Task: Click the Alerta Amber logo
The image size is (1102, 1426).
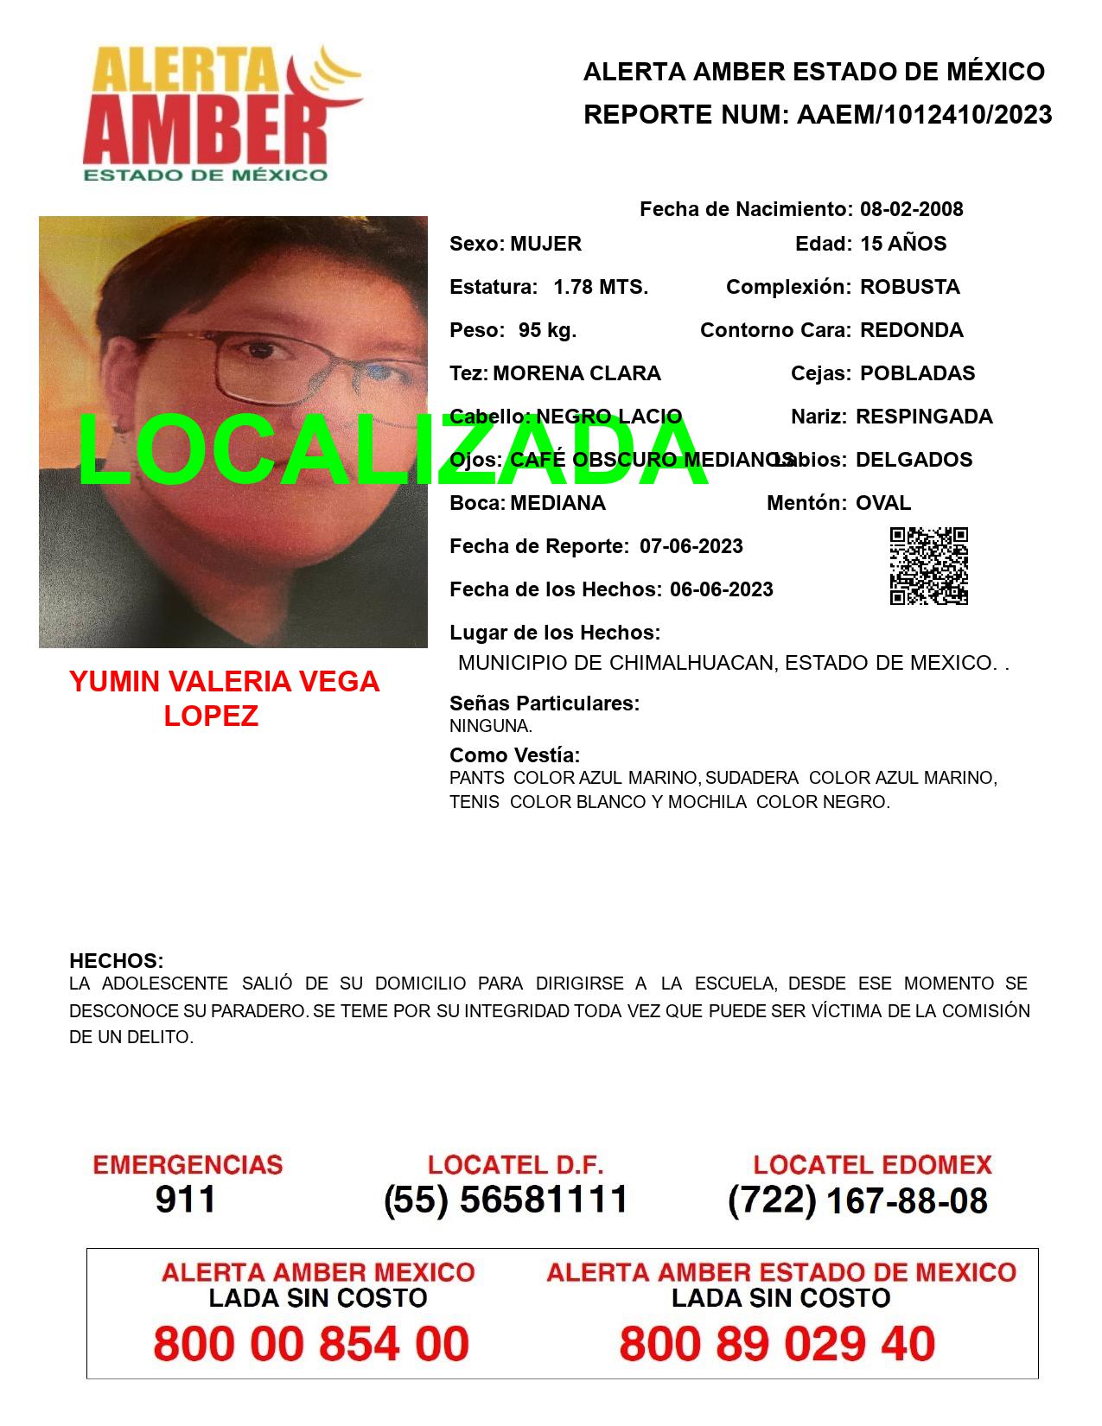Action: (x=223, y=112)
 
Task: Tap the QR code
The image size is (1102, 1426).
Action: (x=929, y=566)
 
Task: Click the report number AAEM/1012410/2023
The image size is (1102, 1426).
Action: (x=924, y=114)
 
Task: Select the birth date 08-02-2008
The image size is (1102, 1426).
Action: (x=911, y=209)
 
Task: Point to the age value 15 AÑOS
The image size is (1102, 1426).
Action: (x=903, y=244)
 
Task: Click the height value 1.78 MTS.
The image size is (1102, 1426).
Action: (x=601, y=287)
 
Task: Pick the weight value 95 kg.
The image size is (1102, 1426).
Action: (x=547, y=330)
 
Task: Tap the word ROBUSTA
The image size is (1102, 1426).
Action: (x=909, y=287)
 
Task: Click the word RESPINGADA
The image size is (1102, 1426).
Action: (x=924, y=417)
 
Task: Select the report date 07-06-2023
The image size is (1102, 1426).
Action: (x=691, y=546)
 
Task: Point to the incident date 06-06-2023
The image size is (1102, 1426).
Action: (x=722, y=589)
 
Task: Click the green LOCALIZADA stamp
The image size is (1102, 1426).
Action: (x=393, y=451)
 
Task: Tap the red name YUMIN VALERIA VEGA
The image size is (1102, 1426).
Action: (x=225, y=682)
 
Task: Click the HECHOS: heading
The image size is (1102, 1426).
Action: (x=116, y=961)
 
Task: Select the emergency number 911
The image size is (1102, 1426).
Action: (x=186, y=1200)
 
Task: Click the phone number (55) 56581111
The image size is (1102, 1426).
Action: (x=506, y=1200)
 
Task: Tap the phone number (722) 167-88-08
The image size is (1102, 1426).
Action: (x=857, y=1200)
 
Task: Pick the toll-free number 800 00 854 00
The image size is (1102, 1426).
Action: (x=311, y=1344)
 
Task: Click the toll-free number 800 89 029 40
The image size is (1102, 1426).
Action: (x=777, y=1344)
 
